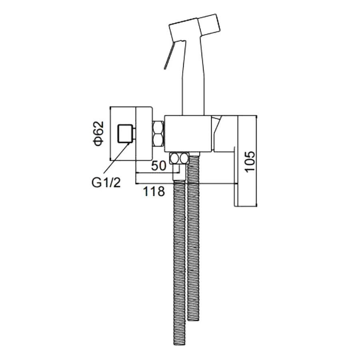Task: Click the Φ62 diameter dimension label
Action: pyautogui.click(x=98, y=134)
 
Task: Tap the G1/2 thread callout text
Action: pyautogui.click(x=106, y=183)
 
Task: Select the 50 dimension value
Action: pyautogui.click(x=158, y=166)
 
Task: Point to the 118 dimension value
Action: pyautogui.click(x=154, y=191)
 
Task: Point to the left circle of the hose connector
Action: pyautogui.click(x=174, y=158)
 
